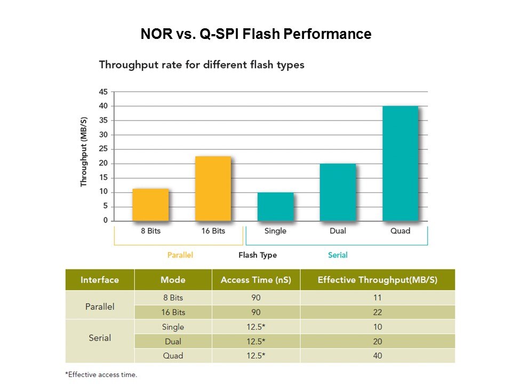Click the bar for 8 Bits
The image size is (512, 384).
click(150, 205)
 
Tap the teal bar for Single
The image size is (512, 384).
click(275, 206)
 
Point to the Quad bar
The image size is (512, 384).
click(400, 163)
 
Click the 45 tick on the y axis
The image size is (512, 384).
click(103, 92)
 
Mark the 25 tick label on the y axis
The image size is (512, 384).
click(103, 149)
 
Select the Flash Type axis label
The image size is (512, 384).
click(258, 255)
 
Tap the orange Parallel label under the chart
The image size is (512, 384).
click(180, 255)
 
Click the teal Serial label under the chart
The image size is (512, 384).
click(338, 255)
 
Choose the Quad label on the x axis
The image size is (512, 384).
click(400, 231)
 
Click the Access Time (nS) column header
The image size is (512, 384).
click(256, 280)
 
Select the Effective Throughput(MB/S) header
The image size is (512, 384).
click(377, 280)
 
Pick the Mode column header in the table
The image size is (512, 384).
click(173, 280)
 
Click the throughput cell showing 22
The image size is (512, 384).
click(377, 312)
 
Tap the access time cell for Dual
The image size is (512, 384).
click(256, 341)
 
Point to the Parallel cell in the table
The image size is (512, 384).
click(100, 307)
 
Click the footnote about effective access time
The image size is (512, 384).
click(101, 374)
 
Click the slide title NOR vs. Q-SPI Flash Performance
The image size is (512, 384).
click(256, 35)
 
